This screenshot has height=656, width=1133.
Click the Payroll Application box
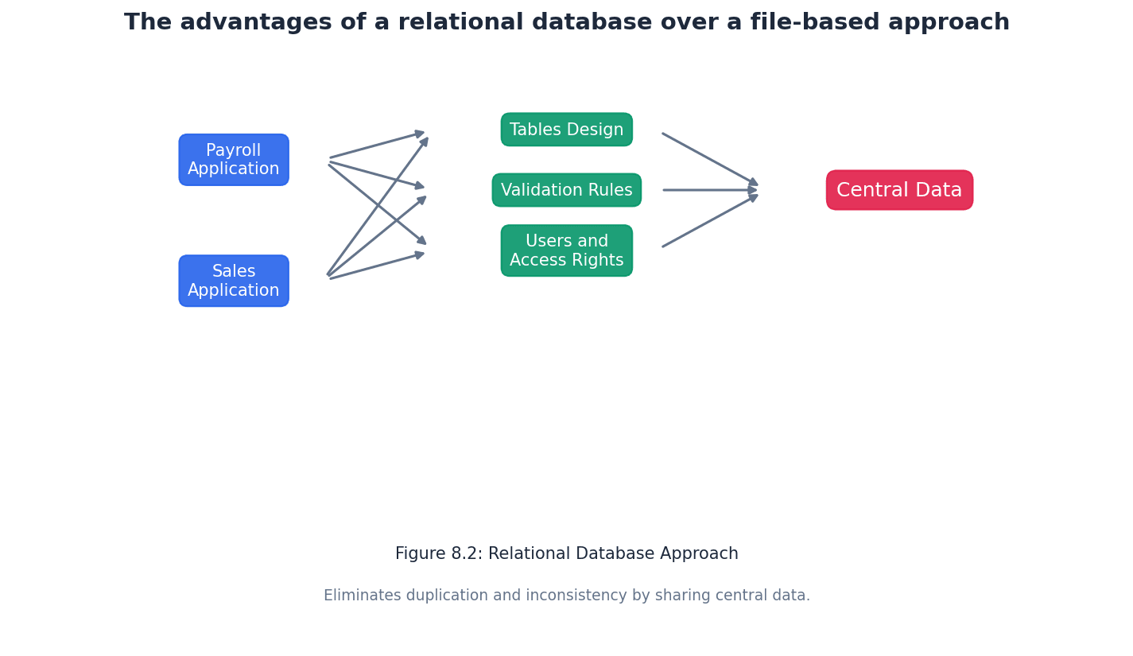pos(234,160)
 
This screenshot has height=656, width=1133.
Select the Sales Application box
pos(234,281)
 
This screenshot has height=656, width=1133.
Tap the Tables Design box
pos(566,130)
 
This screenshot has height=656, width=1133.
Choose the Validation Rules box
pos(566,190)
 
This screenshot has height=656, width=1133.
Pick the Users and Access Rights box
pos(566,250)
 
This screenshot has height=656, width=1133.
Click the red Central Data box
pos(899,190)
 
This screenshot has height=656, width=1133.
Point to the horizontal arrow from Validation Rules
pos(708,190)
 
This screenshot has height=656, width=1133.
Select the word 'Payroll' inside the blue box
pos(233,150)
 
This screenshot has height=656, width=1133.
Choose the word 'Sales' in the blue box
pos(233,272)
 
